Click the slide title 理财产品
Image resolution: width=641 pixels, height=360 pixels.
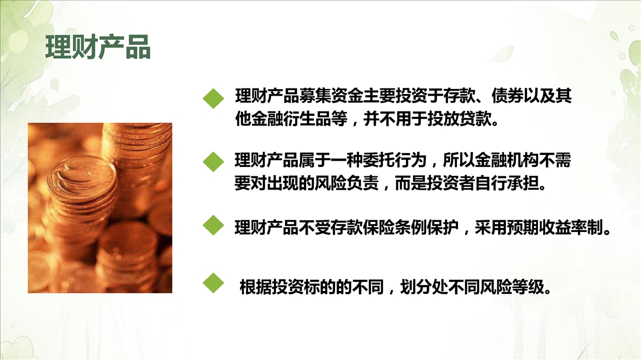click(x=98, y=47)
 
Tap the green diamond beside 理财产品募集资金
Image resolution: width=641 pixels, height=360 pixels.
click(x=214, y=98)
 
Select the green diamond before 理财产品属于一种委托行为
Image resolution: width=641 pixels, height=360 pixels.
click(x=214, y=162)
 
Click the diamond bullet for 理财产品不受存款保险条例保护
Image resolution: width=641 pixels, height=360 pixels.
click(x=214, y=225)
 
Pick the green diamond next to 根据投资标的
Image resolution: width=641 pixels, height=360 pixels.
click(x=214, y=283)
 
